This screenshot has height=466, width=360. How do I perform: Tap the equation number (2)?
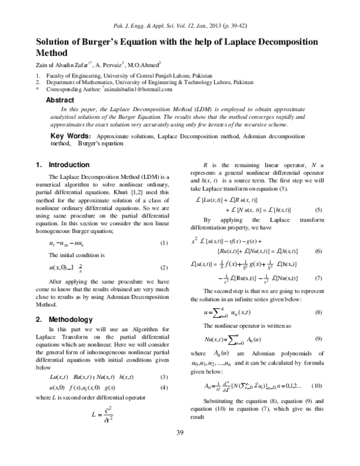163,267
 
